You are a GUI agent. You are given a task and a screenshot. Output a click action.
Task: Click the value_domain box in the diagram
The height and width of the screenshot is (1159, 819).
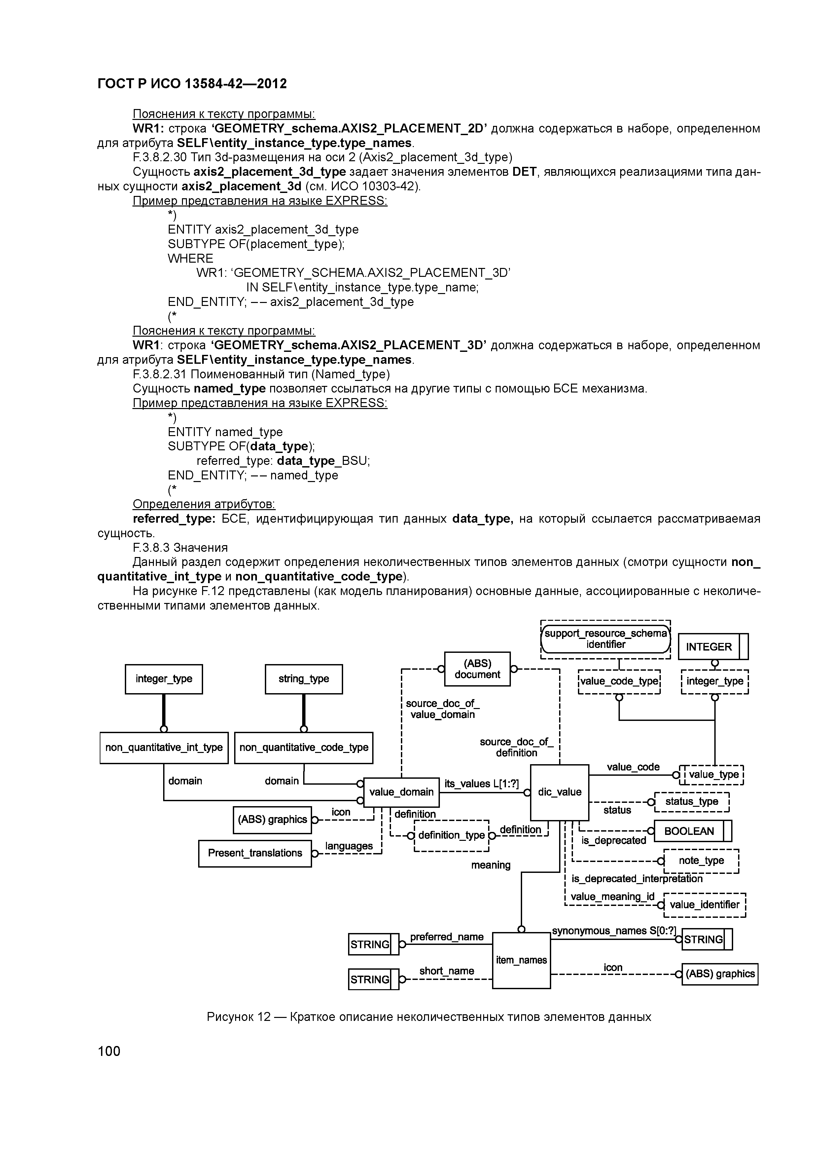pyautogui.click(x=401, y=792)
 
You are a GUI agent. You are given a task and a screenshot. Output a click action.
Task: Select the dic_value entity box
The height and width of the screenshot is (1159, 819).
pyautogui.click(x=559, y=792)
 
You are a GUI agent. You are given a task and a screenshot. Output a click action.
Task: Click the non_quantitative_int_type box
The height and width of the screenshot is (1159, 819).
pyautogui.click(x=164, y=748)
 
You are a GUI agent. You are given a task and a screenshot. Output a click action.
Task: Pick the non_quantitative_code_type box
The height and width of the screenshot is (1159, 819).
pyautogui.click(x=304, y=748)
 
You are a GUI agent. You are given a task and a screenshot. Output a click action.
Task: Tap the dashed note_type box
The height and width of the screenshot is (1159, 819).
pyautogui.click(x=701, y=861)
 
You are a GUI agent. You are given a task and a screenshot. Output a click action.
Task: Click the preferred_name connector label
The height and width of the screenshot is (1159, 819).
pyautogui.click(x=446, y=937)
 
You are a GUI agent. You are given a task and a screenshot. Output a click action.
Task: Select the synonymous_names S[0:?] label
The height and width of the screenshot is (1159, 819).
pyautogui.click(x=614, y=931)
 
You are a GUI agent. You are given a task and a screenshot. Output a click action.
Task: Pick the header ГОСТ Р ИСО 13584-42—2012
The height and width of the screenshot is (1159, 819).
pyautogui.click(x=192, y=84)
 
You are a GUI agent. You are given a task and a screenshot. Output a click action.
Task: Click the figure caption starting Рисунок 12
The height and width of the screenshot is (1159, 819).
pyautogui.click(x=429, y=1017)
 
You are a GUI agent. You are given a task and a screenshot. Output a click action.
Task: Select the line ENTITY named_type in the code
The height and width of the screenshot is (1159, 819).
pyautogui.click(x=225, y=432)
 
